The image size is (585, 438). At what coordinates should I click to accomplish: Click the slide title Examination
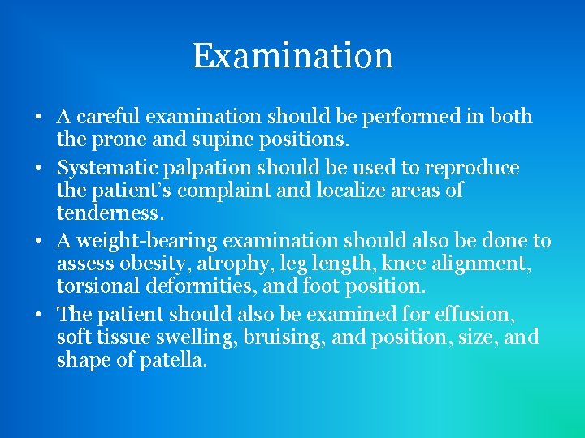click(x=292, y=55)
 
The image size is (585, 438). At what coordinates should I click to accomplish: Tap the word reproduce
click(x=471, y=168)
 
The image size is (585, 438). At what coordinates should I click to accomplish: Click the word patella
click(x=172, y=359)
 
